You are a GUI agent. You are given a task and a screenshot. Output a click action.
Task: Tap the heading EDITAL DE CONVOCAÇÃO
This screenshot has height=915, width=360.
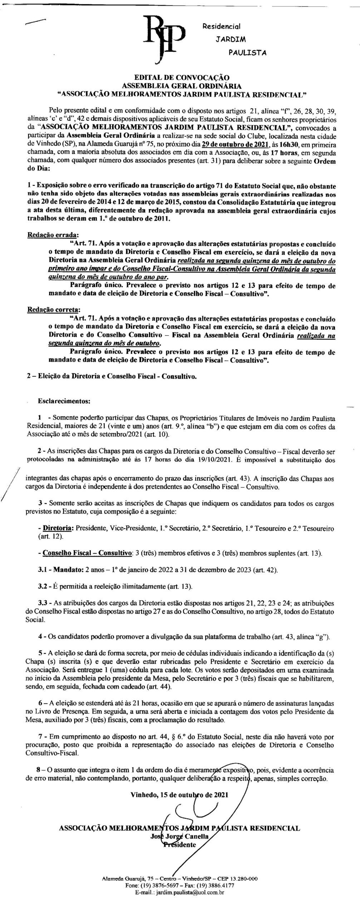tap(182, 77)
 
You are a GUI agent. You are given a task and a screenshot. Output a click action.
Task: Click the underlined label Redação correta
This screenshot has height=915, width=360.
tap(54, 309)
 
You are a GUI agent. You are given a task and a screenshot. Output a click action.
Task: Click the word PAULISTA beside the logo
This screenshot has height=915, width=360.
tap(247, 53)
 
